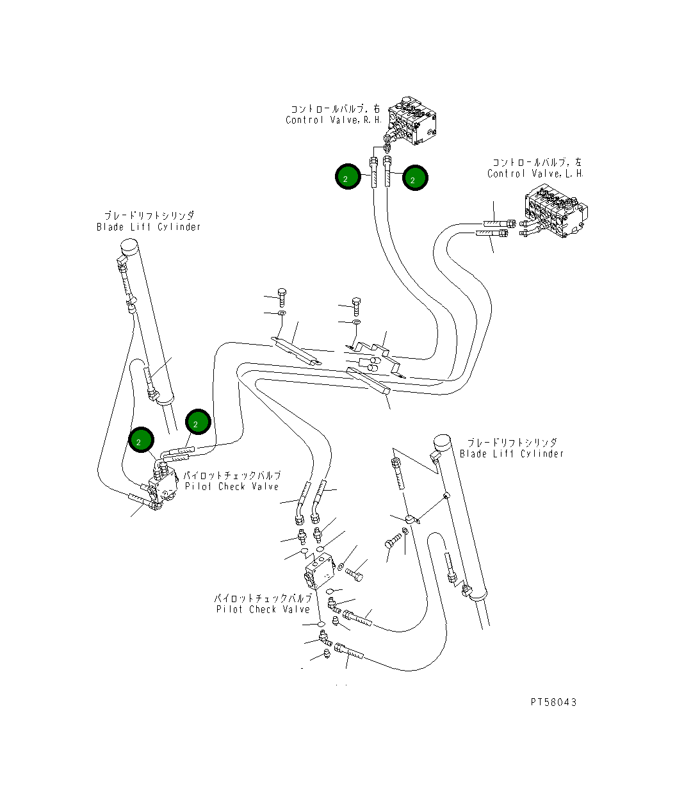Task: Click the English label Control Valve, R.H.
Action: point(334,120)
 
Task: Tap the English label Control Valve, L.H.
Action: point(535,174)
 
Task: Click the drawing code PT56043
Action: point(553,702)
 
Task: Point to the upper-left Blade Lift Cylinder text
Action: point(149,227)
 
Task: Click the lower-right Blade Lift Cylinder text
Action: point(512,454)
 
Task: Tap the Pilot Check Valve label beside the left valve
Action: point(232,487)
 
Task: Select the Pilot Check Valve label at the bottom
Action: point(263,609)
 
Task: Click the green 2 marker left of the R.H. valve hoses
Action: point(348,177)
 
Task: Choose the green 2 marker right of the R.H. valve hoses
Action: point(415,177)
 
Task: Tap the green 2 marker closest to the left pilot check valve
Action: point(142,440)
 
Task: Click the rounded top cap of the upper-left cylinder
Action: point(129,247)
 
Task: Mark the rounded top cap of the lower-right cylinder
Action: point(441,443)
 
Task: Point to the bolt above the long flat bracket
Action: point(282,298)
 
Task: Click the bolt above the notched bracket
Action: point(357,307)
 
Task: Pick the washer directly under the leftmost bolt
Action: point(282,313)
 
